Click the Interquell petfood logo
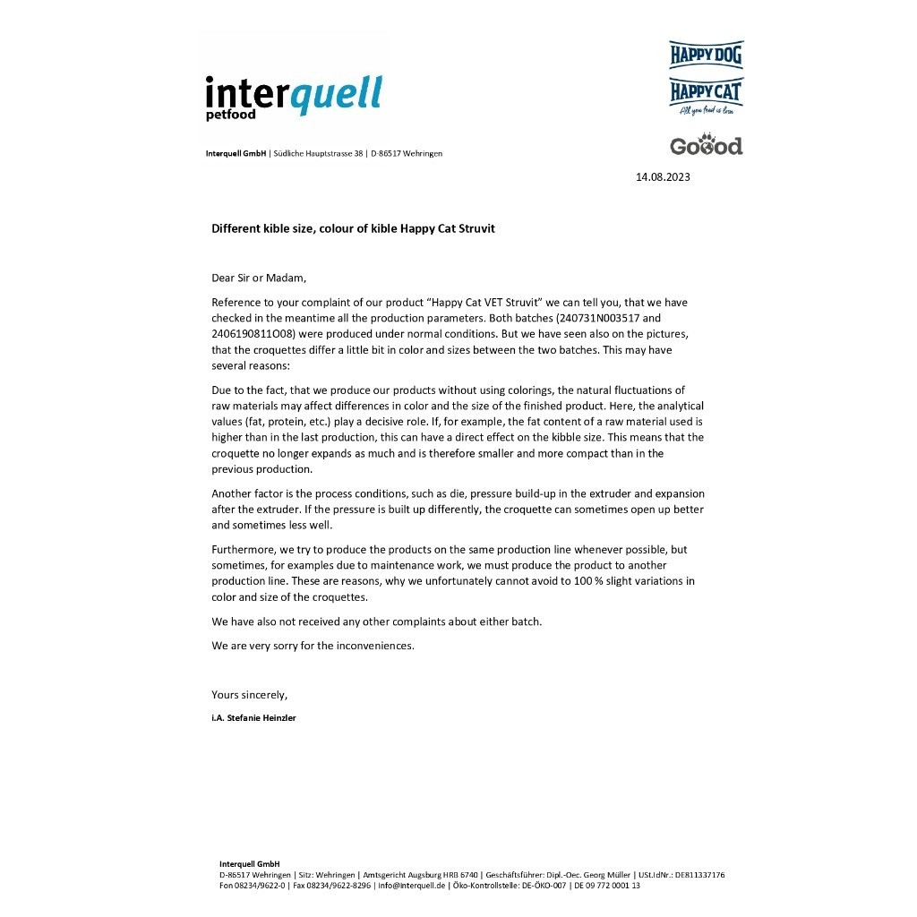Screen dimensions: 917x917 click(293, 98)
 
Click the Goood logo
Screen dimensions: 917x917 click(706, 145)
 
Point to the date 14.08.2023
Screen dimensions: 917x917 click(663, 177)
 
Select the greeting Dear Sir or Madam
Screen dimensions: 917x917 click(259, 278)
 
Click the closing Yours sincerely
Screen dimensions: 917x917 click(249, 694)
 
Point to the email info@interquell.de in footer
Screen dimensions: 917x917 click(412, 885)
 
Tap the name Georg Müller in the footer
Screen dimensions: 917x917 click(610, 875)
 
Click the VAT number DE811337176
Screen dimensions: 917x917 click(699, 875)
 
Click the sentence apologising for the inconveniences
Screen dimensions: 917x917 click(313, 646)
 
